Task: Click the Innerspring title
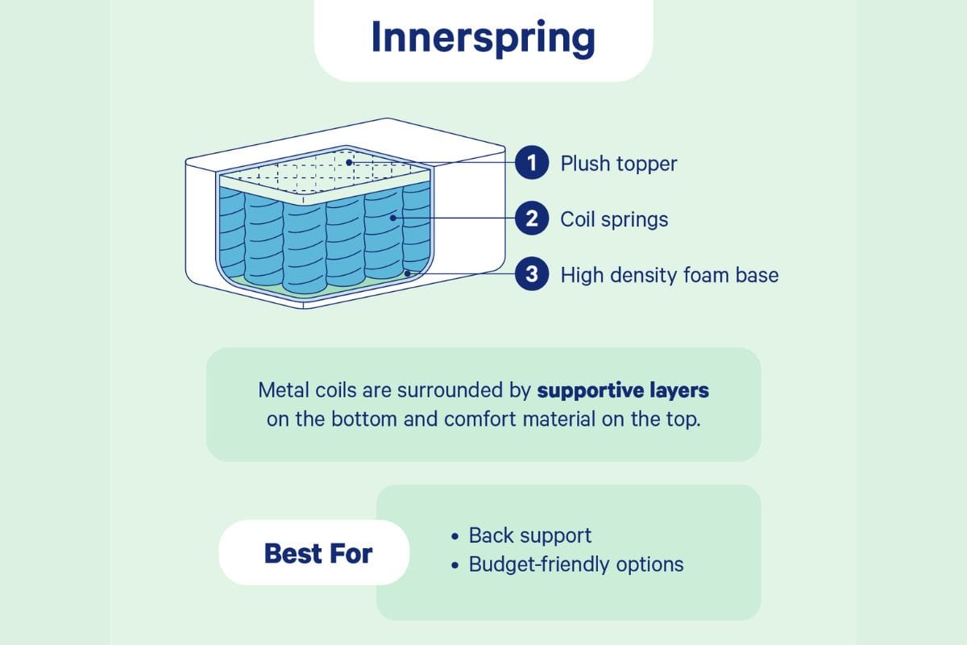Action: (x=483, y=38)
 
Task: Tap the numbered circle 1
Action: (x=532, y=164)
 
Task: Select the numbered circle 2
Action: (x=532, y=218)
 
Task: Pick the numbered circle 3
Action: (x=532, y=275)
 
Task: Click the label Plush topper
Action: (x=619, y=164)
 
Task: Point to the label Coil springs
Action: (x=614, y=219)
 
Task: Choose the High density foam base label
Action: (x=670, y=275)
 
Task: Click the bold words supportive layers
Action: (x=623, y=391)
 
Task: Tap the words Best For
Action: (x=318, y=554)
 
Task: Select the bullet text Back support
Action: (x=530, y=535)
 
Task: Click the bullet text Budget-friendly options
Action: (x=576, y=564)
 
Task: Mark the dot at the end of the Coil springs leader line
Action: (x=394, y=217)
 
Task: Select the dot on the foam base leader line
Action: (x=409, y=273)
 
